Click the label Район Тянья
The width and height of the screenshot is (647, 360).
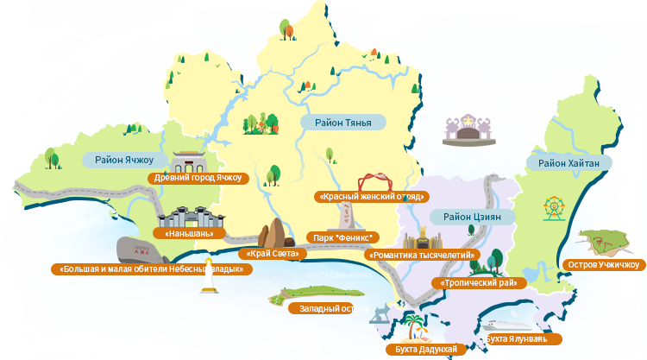coord(342,123)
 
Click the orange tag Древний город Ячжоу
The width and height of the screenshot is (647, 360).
coord(198,179)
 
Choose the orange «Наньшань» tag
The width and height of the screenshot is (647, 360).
coord(189,233)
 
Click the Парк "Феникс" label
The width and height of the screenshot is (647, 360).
coord(342,237)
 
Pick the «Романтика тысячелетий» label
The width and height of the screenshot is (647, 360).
coord(423,256)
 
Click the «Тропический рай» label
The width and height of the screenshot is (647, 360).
coord(479,283)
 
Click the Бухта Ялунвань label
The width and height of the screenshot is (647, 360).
coord(516,338)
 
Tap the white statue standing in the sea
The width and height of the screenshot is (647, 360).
coord(207,278)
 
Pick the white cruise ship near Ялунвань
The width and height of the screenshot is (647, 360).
coord(512,324)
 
